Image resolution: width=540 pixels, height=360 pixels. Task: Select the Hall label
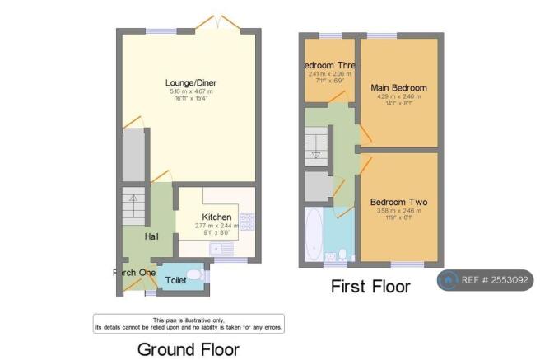[x=151, y=236]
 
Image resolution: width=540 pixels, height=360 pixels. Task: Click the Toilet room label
[x=175, y=280]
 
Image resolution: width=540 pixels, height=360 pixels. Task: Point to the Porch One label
[x=134, y=273]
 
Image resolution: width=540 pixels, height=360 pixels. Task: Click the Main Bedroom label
[x=398, y=87]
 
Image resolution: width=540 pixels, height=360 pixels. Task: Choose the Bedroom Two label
[x=398, y=202]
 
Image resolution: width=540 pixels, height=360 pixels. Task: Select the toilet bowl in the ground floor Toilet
[x=195, y=276]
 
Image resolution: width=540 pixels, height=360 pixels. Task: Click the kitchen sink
[x=220, y=248]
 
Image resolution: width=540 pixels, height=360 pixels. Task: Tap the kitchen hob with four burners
[x=246, y=222]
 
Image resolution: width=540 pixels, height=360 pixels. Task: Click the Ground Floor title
[x=189, y=348]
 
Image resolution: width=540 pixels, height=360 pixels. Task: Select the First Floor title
[x=370, y=286]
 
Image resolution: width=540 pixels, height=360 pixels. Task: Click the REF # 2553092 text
[x=497, y=281]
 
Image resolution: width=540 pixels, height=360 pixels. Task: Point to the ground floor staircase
[x=133, y=206]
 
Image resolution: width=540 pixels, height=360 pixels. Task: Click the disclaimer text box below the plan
[x=189, y=323]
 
